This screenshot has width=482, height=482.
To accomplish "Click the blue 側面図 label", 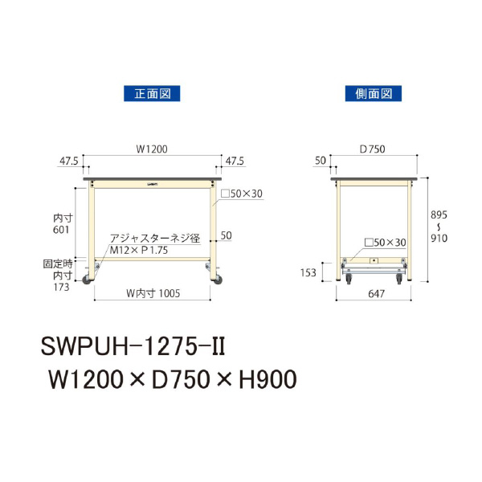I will click(x=373, y=94).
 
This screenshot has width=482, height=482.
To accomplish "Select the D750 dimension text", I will click(x=374, y=149).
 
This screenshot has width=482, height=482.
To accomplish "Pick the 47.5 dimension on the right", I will click(x=235, y=161).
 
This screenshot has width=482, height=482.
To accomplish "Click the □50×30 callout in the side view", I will click(x=385, y=242).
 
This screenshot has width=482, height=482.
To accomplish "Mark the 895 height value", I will click(x=436, y=216).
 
